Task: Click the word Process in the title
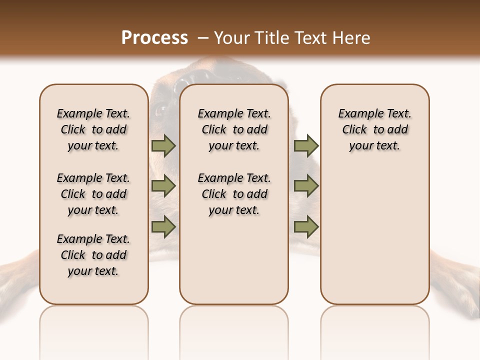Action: click(154, 37)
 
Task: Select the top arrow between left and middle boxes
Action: click(163, 145)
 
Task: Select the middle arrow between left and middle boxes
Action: click(163, 186)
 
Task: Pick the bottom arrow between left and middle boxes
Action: click(163, 226)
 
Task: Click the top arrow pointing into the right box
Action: click(306, 145)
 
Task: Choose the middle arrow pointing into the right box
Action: click(306, 186)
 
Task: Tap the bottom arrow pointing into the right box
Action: click(306, 226)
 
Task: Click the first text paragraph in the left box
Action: click(93, 129)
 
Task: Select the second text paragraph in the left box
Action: click(93, 194)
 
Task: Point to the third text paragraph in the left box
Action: click(93, 255)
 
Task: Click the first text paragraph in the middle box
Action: click(234, 129)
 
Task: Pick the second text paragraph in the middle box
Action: click(234, 194)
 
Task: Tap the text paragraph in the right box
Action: click(375, 129)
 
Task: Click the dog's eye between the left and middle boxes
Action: click(161, 109)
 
